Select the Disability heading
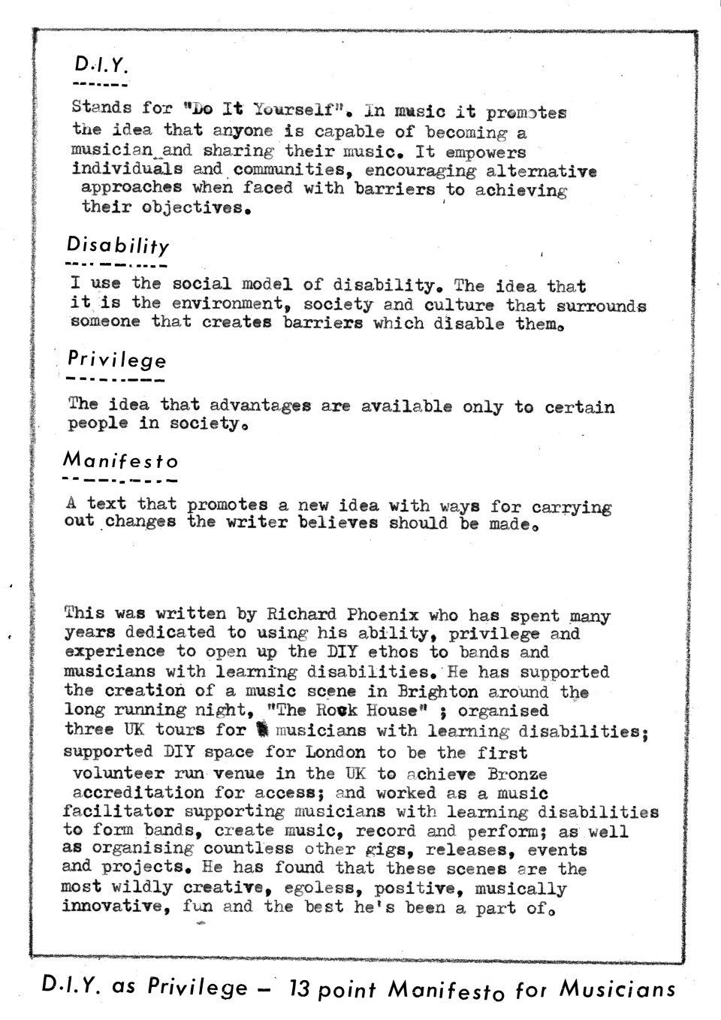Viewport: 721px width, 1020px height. (x=118, y=245)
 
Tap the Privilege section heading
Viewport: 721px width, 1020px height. (x=116, y=360)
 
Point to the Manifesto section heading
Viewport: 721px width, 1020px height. (x=120, y=459)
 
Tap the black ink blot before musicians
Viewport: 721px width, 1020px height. (x=261, y=729)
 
